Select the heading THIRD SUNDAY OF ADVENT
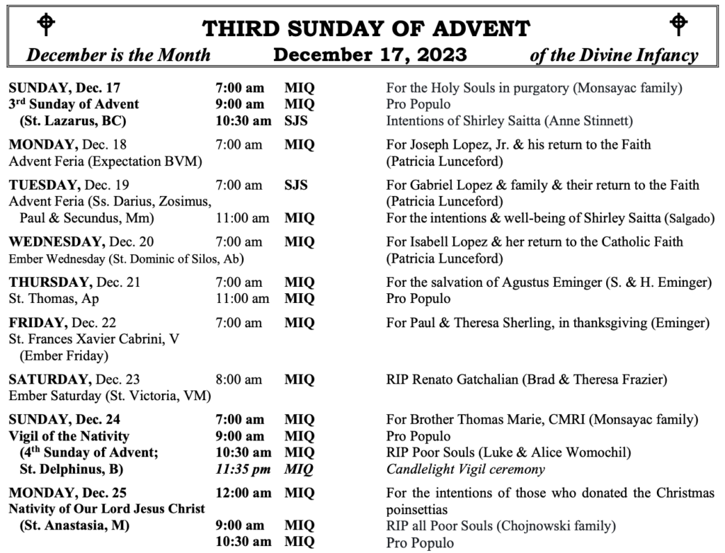pos(366,29)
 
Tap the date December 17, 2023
pos(370,55)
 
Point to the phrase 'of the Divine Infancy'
pos(614,55)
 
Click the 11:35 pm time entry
pos(242,468)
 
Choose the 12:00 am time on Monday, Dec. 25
pos(242,492)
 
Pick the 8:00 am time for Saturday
pos(239,379)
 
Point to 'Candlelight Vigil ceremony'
pos(466,468)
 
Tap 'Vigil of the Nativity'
pos(69,436)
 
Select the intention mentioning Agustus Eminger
pos(548,283)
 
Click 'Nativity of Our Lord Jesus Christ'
pos(106,508)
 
